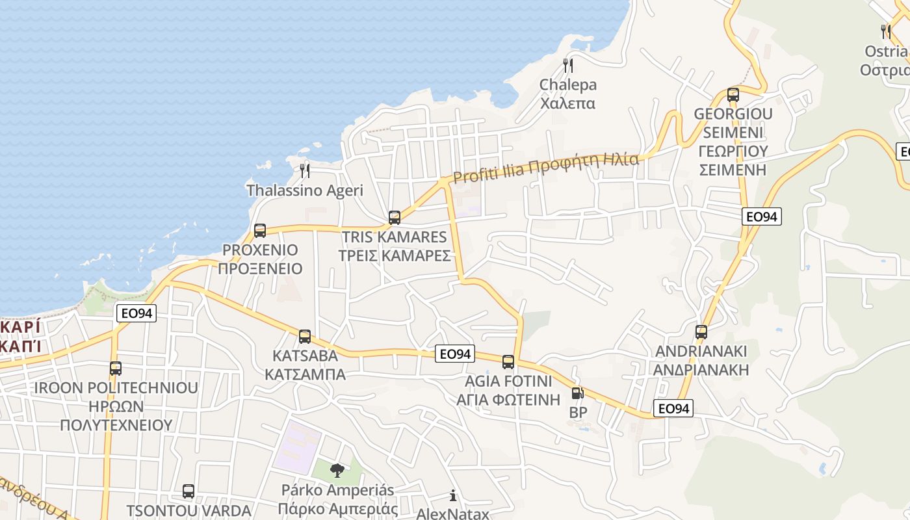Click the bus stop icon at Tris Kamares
tap(395, 218)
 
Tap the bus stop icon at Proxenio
tap(260, 231)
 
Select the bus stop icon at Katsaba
tap(305, 337)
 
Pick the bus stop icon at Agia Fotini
tap(508, 362)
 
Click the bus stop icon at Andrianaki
tap(701, 332)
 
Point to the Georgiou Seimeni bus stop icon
tap(733, 95)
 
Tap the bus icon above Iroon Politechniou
tap(116, 369)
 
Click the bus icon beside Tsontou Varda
tap(188, 491)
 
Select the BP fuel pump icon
tap(577, 393)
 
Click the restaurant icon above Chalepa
tap(568, 65)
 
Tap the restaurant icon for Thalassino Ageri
tap(305, 171)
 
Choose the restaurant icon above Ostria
tap(885, 31)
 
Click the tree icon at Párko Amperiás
tap(337, 470)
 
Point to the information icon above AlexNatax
tap(453, 496)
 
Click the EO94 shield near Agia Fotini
tap(455, 354)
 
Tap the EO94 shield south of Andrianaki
tap(673, 408)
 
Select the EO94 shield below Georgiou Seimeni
tap(762, 216)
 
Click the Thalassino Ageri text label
tap(305, 190)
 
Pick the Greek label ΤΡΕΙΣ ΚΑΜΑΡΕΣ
tap(395, 255)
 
